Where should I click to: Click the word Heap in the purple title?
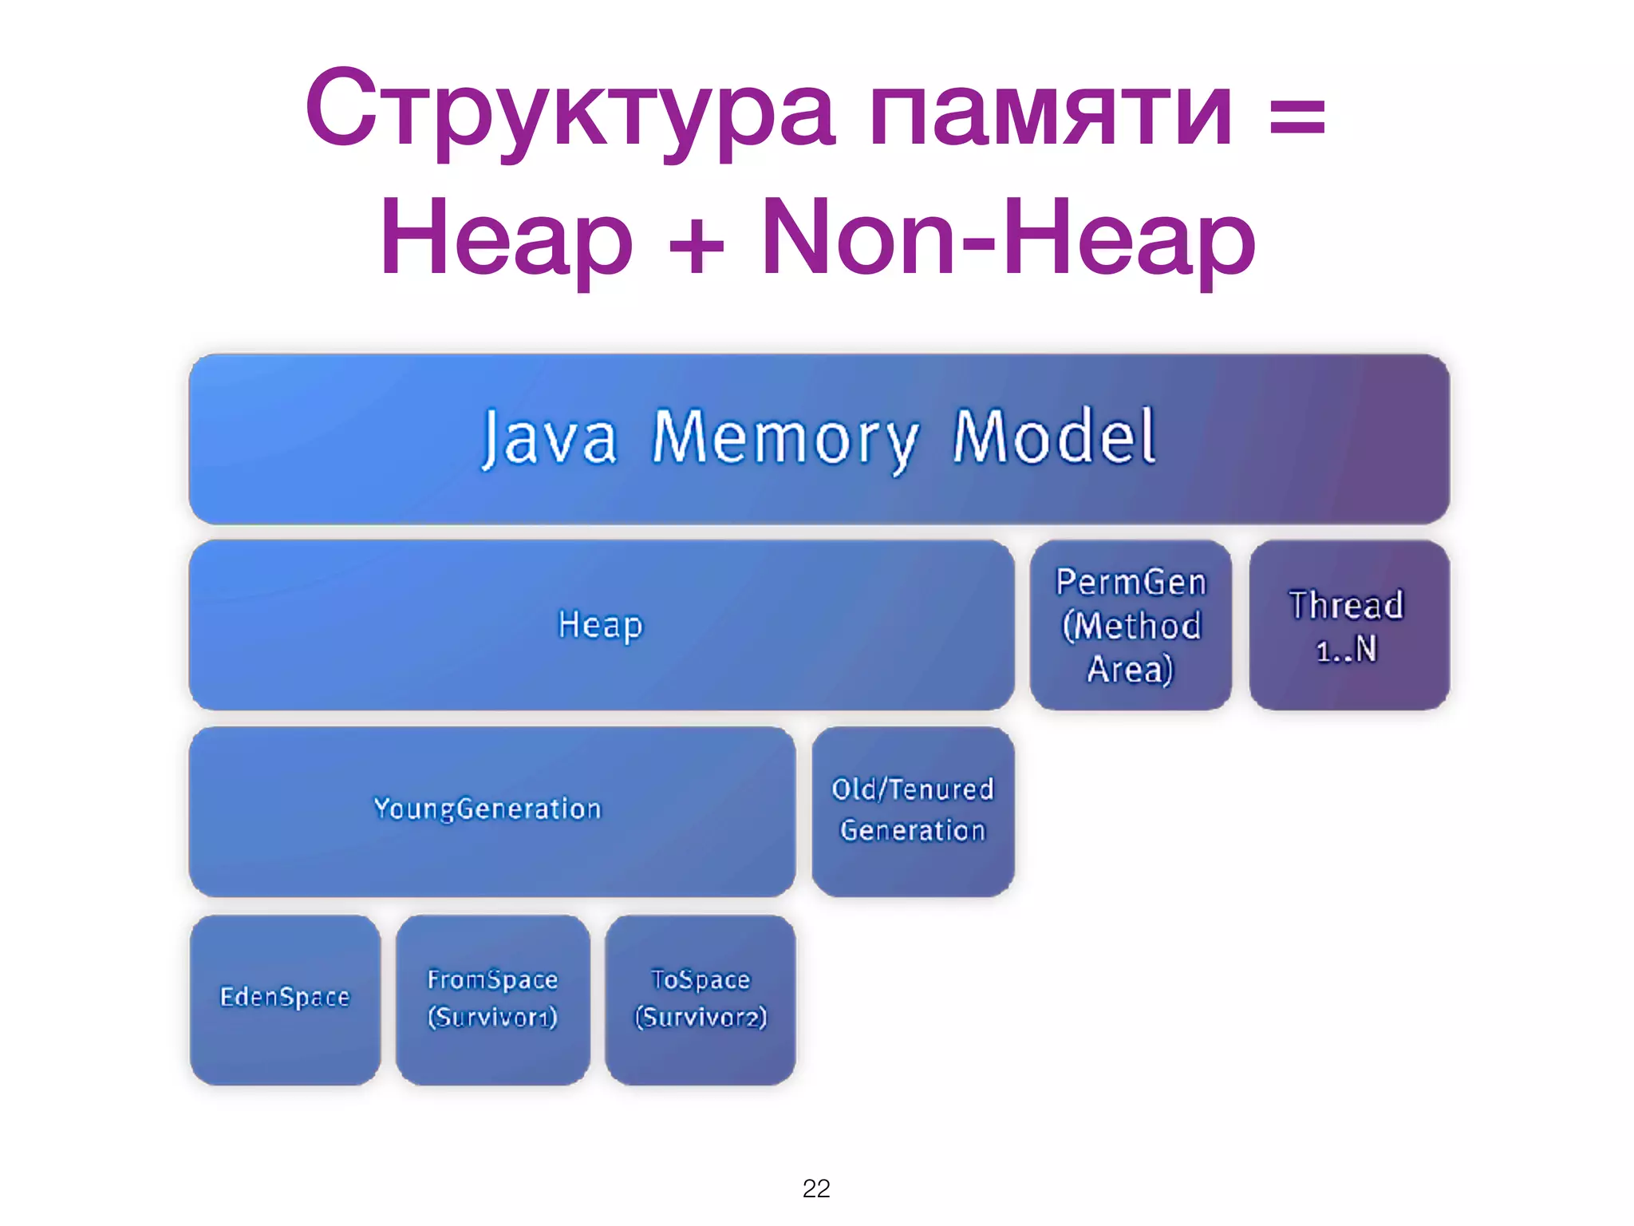click(507, 238)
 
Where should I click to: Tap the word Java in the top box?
click(550, 438)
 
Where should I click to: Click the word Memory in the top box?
click(786, 438)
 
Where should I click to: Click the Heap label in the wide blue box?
click(600, 625)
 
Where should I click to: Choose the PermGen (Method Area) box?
click(1131, 625)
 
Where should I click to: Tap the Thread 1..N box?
click(1348, 625)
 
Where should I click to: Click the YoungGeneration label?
click(487, 809)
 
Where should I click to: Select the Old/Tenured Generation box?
click(913, 810)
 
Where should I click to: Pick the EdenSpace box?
click(285, 998)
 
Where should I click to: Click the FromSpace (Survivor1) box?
click(492, 998)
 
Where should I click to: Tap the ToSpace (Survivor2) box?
click(701, 998)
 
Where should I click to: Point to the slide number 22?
click(816, 1188)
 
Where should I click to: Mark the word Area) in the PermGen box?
click(1130, 669)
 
